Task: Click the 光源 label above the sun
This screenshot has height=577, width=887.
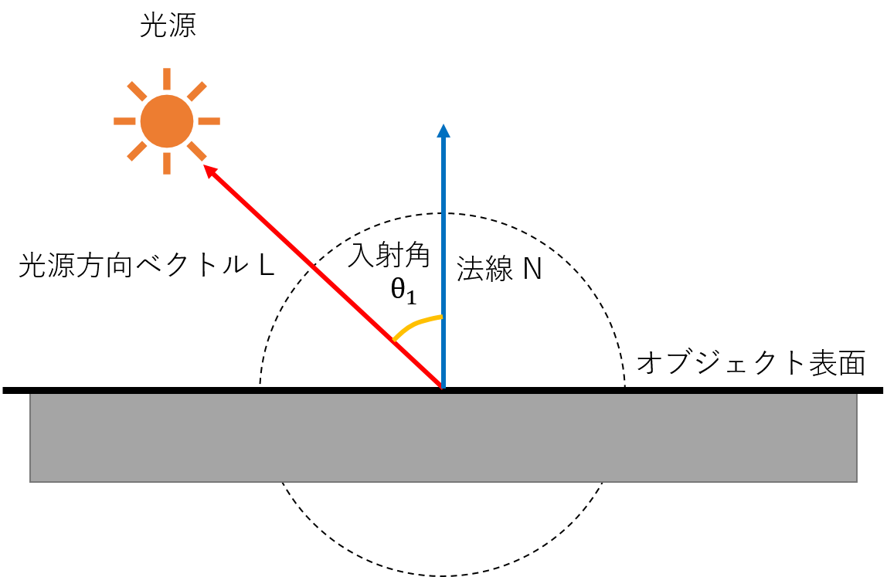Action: (x=168, y=25)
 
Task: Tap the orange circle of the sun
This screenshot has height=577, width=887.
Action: (x=167, y=121)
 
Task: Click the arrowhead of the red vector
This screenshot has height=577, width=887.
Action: (x=210, y=171)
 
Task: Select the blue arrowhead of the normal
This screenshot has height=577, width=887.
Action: (x=443, y=131)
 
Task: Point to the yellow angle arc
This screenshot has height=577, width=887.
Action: (x=415, y=324)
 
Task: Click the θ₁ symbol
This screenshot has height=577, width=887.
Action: (x=403, y=290)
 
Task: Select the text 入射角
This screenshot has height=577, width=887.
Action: (x=389, y=255)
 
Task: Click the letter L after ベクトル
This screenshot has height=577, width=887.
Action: (x=267, y=264)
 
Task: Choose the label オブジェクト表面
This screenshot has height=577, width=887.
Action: (x=751, y=362)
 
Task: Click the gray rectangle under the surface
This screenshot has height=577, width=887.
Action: (x=443, y=438)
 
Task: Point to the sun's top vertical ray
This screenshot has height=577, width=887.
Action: (x=167, y=80)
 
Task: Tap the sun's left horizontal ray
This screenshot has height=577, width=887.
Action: (x=124, y=121)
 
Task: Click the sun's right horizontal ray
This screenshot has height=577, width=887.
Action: (x=209, y=121)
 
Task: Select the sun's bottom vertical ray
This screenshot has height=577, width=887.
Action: (x=167, y=164)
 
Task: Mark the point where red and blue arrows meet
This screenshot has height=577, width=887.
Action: (x=443, y=388)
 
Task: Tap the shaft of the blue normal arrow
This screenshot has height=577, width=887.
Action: (x=443, y=263)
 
